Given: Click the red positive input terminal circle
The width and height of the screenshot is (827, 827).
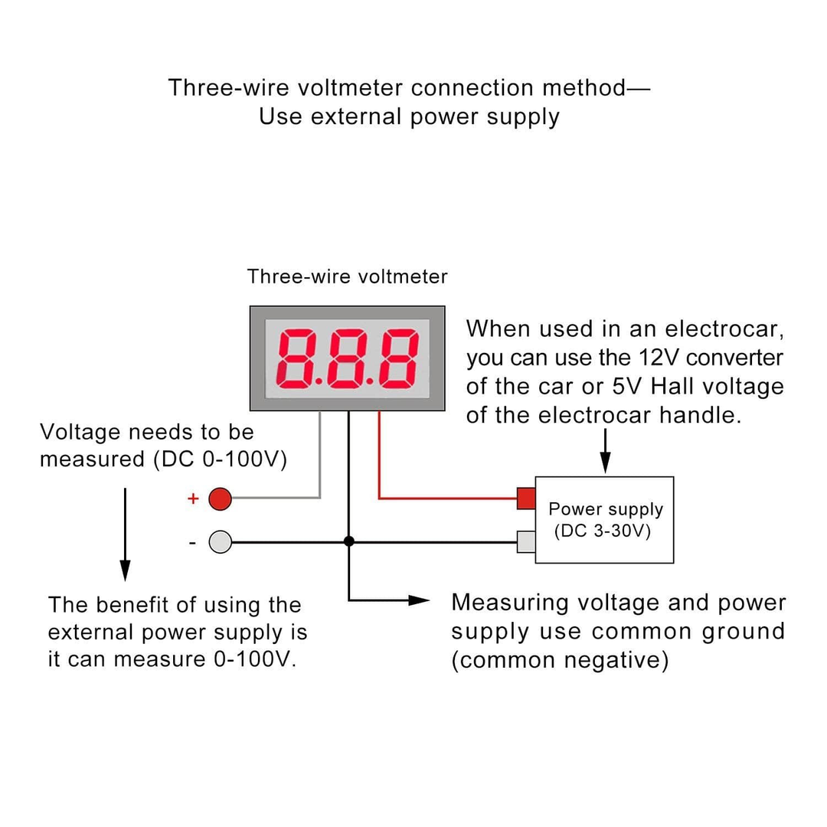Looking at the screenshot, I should tap(220, 499).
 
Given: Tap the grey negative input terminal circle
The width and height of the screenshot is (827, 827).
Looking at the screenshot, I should tap(220, 542).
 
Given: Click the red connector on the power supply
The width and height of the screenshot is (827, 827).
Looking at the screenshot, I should tap(526, 498).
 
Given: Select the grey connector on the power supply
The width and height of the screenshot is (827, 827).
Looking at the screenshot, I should tap(526, 541).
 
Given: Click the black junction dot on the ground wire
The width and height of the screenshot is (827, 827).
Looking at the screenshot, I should tap(349, 541).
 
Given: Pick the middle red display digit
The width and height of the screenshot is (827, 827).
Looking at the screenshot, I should tap(347, 358).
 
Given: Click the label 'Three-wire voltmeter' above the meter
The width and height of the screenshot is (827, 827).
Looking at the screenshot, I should tap(347, 276).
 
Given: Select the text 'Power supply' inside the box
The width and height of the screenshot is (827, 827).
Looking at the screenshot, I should tap(606, 509).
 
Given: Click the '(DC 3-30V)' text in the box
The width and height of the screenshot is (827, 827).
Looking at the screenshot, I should tap(602, 531).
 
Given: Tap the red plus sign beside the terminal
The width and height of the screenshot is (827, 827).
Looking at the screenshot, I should tap(193, 499).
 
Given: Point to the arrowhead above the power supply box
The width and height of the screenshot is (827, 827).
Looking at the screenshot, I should tap(605, 463).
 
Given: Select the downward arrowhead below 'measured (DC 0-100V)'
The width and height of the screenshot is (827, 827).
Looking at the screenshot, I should tap(125, 570).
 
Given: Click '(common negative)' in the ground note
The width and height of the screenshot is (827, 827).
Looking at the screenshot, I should tap(560, 660).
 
